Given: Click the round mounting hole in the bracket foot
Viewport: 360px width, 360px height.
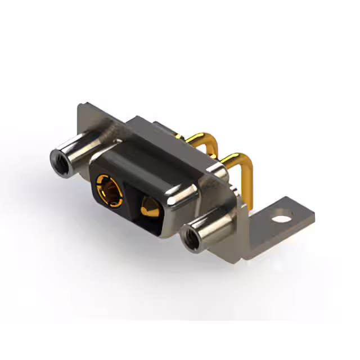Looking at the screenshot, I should (x=283, y=214).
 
